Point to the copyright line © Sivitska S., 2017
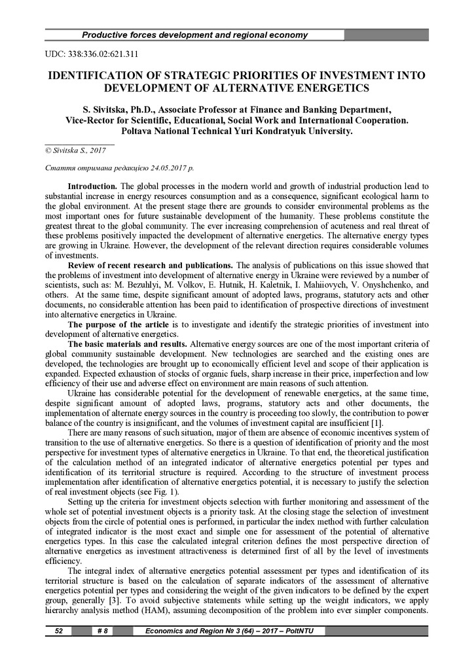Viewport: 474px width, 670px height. [75, 150]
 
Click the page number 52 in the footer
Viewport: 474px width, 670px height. [58, 631]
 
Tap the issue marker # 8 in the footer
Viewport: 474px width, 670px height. [102, 631]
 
